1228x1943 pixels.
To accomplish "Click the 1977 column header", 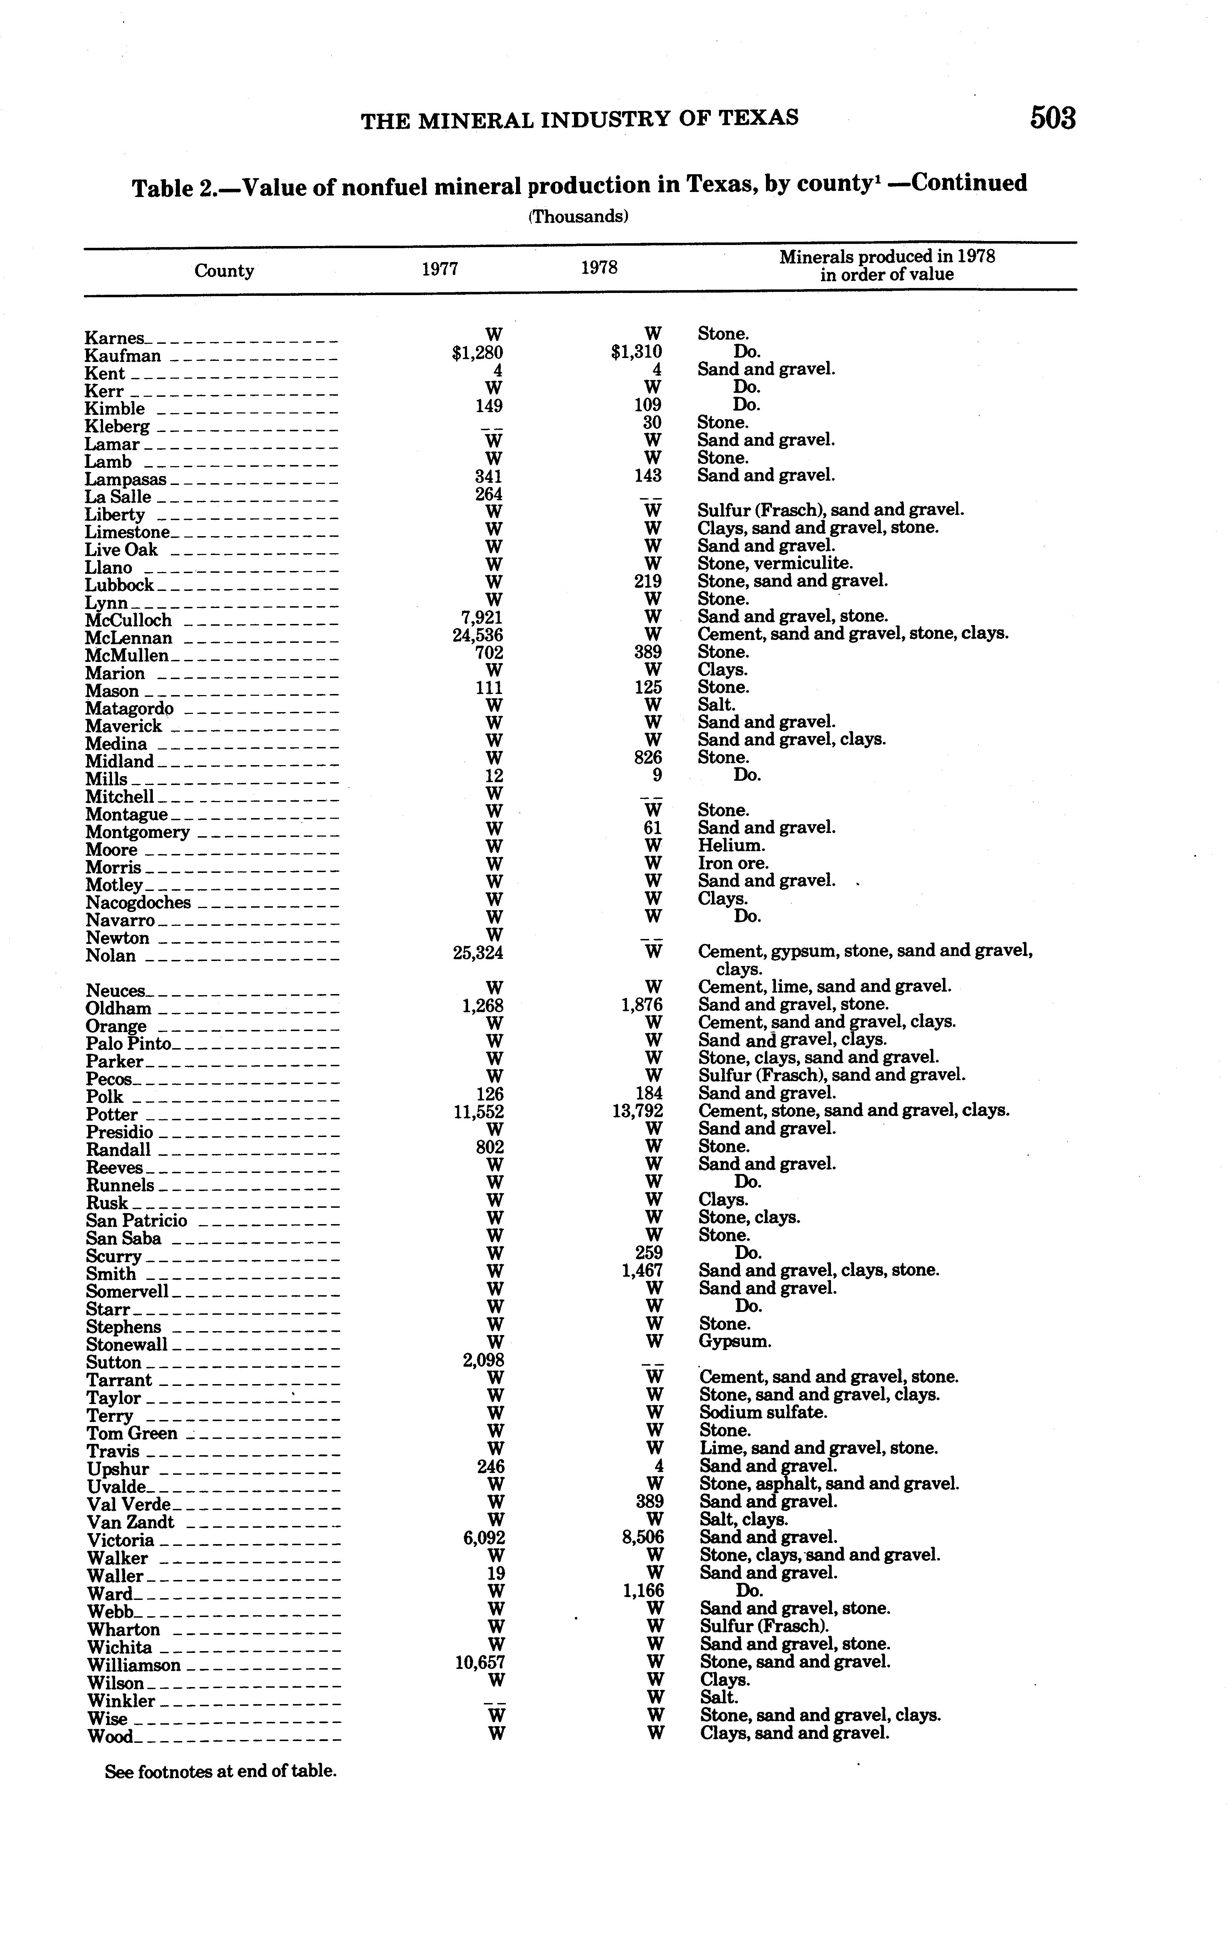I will pyautogui.click(x=440, y=269).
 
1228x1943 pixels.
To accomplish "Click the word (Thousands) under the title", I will pyautogui.click(x=579, y=216).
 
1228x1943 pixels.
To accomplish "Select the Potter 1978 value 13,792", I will pyautogui.click(x=637, y=1111).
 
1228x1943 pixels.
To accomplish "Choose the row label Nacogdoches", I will pyautogui.click(x=138, y=903).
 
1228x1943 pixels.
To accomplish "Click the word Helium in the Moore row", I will pyautogui.click(x=731, y=845).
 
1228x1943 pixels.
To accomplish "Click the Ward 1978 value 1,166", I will pyautogui.click(x=642, y=1590).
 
